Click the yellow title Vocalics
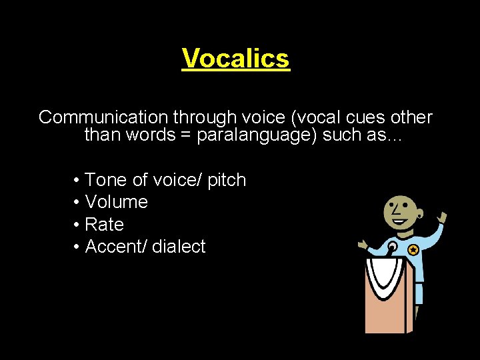236,58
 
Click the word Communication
103,118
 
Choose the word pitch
227,180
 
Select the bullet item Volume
117,202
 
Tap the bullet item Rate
105,225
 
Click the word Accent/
117,247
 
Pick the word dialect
179,247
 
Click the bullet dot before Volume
77,202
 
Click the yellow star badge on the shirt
413,250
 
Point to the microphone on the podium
393,248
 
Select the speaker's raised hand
441,219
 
